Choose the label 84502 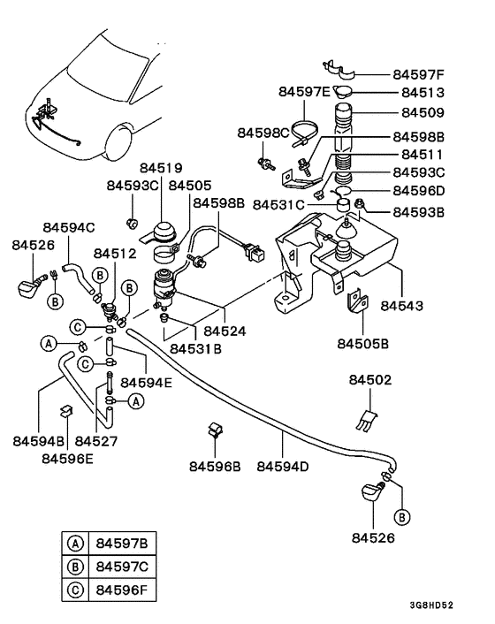[370, 380]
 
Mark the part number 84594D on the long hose [283, 465]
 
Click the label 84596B [215, 465]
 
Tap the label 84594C [68, 227]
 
